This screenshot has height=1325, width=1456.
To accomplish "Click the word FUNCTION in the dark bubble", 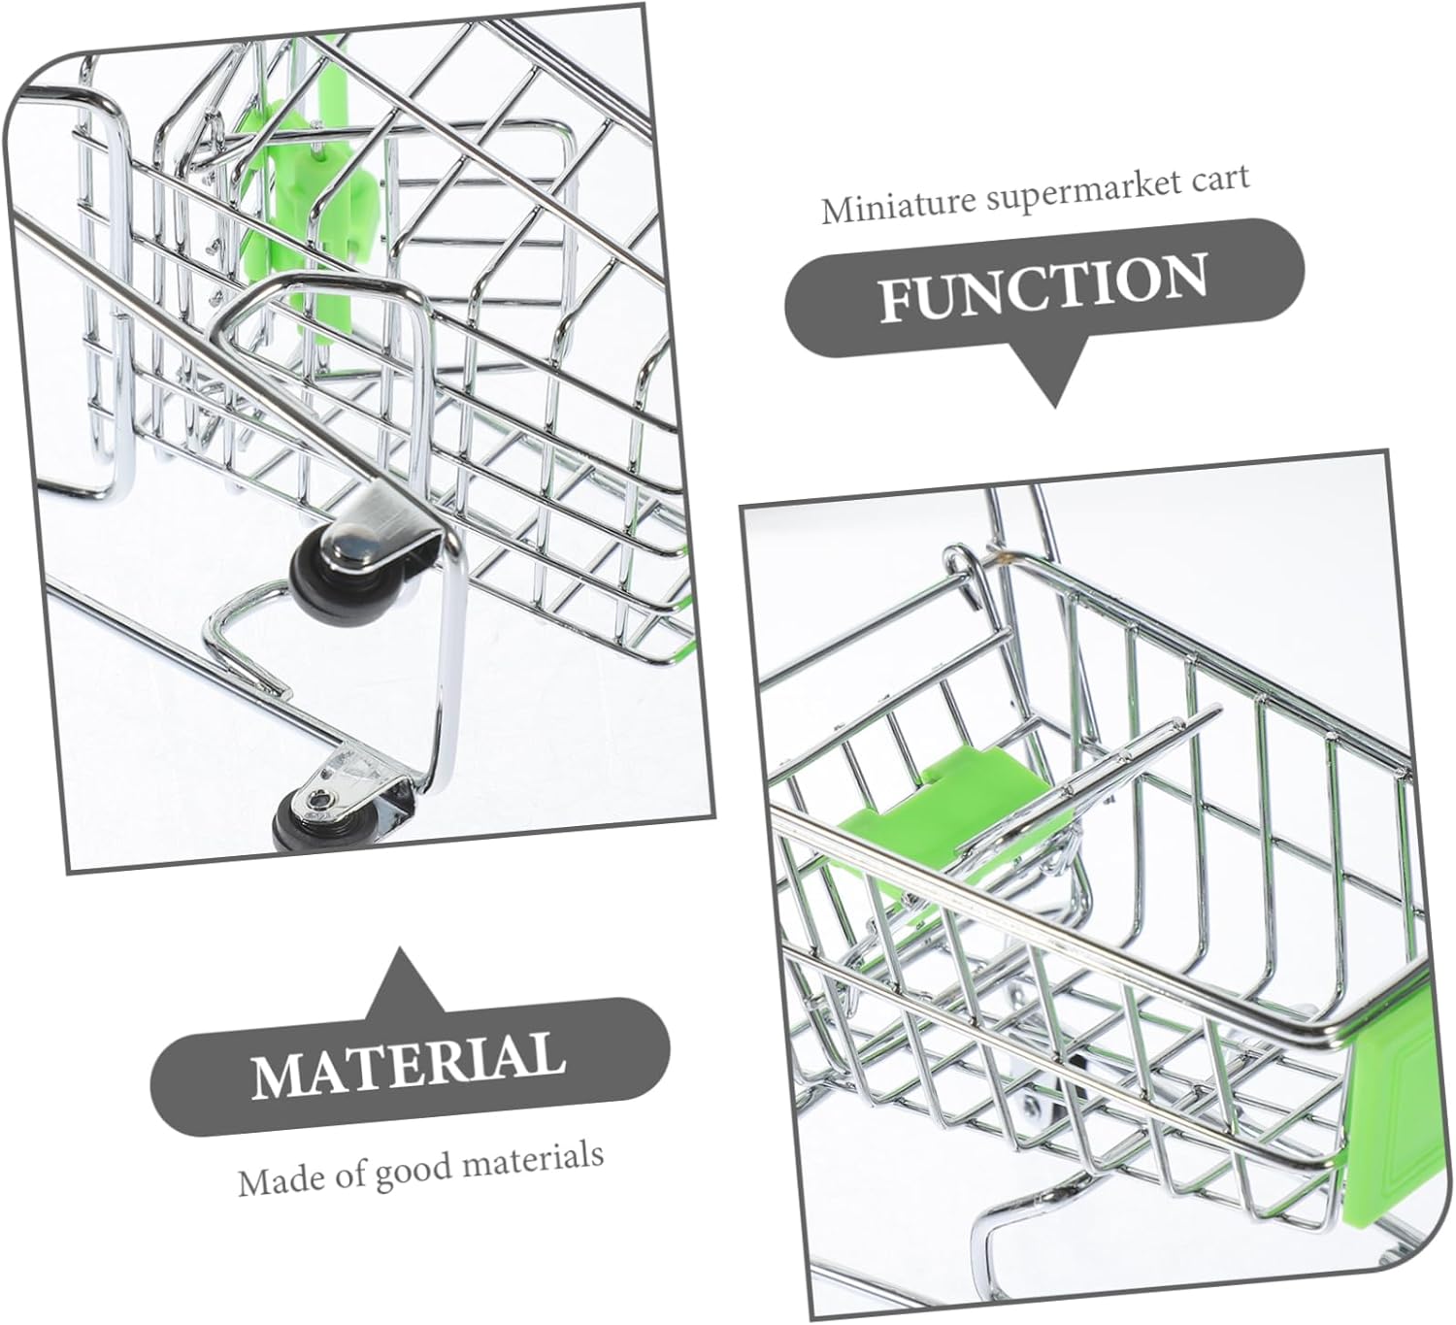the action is pyautogui.click(x=1043, y=288).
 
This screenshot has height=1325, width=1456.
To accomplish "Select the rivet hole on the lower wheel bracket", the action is pyautogui.click(x=317, y=800).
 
